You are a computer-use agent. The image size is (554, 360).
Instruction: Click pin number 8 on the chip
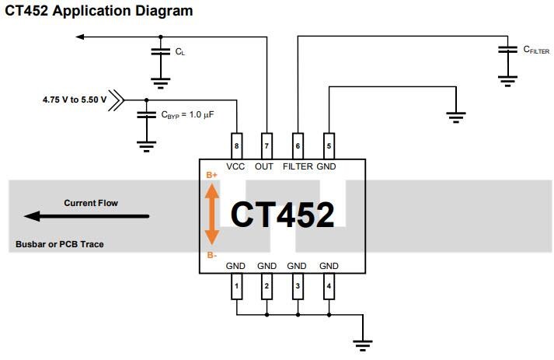coord(236,145)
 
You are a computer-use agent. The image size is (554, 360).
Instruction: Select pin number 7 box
coord(267,145)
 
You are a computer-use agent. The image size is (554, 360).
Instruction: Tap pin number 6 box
coord(297,145)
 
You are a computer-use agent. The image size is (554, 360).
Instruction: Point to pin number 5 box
coord(328,145)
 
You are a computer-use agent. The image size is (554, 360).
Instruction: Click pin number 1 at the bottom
coord(236,287)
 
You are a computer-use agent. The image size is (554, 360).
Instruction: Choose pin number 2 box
coord(267,287)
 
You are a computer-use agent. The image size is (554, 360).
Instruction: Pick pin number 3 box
coord(297,287)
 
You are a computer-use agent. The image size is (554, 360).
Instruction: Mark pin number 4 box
coord(328,287)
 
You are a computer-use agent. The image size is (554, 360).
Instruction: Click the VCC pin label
coord(236,166)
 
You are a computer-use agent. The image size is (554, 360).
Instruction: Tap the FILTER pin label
coord(298,166)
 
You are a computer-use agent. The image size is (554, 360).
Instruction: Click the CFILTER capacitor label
coord(536,50)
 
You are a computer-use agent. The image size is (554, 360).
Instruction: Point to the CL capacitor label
coord(180,52)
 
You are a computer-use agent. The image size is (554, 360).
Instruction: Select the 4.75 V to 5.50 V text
coord(75,100)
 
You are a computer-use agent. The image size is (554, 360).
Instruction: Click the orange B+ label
coord(211,175)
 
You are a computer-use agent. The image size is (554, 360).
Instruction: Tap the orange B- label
coord(211,254)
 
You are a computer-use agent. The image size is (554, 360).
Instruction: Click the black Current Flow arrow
coord(86,216)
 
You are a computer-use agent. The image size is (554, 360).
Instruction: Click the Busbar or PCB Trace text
coord(60,244)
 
